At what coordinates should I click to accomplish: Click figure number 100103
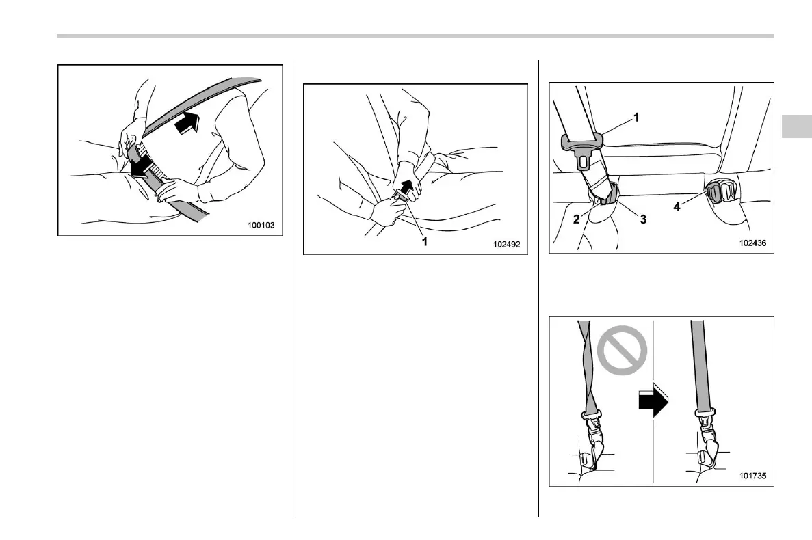(261, 225)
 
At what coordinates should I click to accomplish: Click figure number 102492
(506, 244)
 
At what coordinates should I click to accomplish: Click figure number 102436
(752, 243)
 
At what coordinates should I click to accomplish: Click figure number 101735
(752, 475)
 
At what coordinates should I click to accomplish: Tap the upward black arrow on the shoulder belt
(187, 123)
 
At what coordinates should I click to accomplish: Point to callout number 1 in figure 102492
(425, 241)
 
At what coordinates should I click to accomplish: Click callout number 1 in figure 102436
(636, 118)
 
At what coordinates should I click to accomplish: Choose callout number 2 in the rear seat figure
(577, 219)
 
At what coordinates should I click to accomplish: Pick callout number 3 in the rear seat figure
(643, 219)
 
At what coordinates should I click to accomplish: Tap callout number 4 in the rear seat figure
(677, 206)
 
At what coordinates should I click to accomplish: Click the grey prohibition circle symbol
(622, 350)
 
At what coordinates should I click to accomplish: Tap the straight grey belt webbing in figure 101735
(700, 364)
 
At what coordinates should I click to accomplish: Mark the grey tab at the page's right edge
(796, 126)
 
